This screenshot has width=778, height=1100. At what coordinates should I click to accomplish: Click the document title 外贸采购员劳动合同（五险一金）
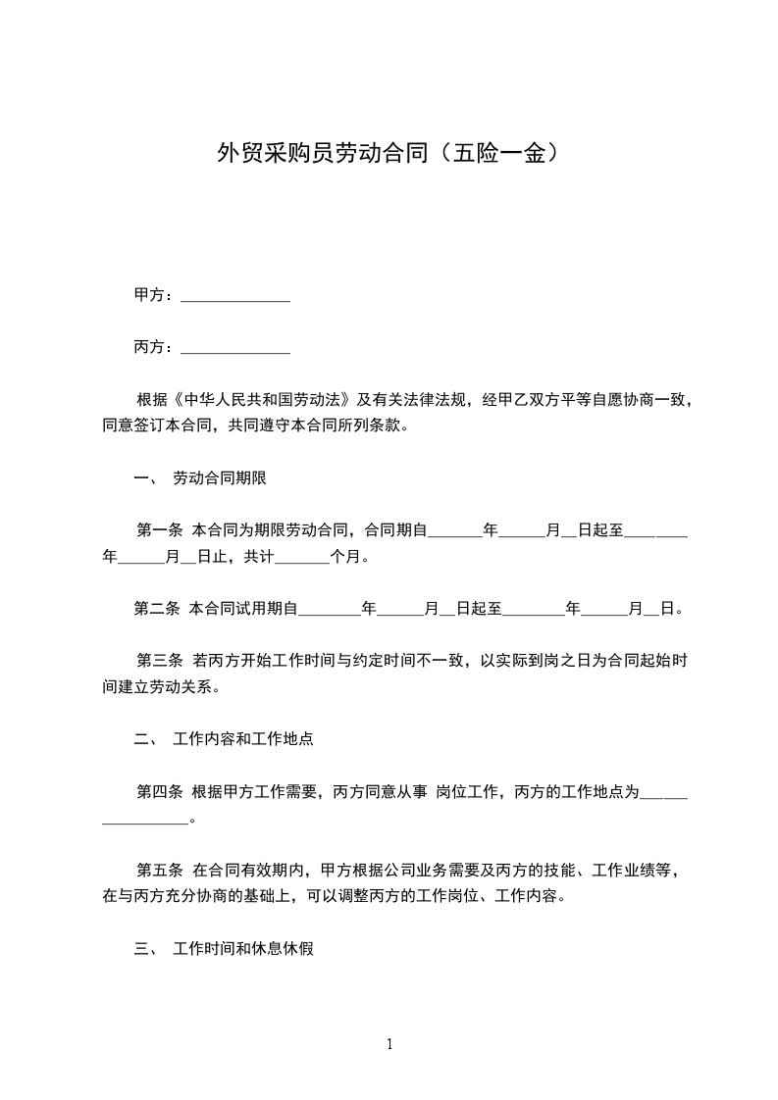click(x=389, y=154)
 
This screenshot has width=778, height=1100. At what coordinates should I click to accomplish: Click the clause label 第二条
click(x=157, y=609)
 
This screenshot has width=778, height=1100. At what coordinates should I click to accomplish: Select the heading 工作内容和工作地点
click(x=243, y=739)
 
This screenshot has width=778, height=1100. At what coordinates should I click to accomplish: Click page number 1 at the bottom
click(x=389, y=1044)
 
